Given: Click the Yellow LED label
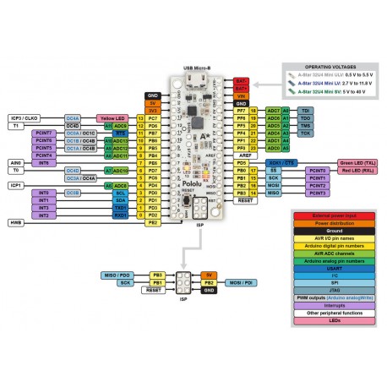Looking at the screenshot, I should click(x=112, y=117).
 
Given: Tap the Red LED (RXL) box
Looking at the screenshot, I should click(x=357, y=170).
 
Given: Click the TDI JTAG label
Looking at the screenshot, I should click(x=306, y=110).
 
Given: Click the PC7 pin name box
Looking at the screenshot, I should click(x=152, y=117).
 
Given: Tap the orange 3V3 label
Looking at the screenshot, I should click(x=152, y=110).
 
